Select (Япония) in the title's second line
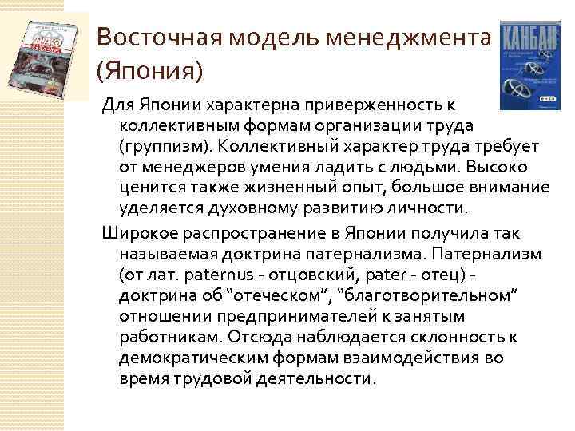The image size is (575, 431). click(149, 71)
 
